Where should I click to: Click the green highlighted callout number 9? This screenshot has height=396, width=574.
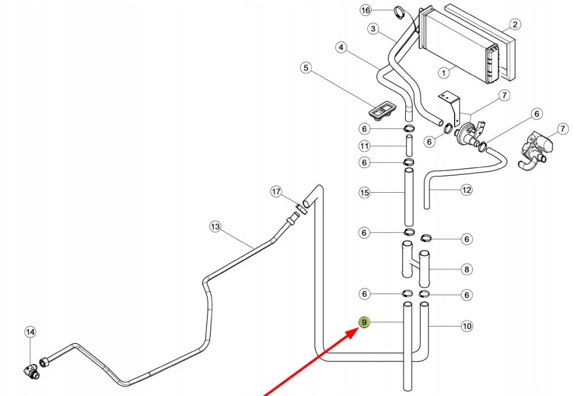364,322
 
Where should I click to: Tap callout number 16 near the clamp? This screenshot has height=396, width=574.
365,11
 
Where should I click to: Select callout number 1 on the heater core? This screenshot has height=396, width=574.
443,72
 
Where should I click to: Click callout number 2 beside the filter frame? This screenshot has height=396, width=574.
515,24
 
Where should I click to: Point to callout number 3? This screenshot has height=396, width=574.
373,29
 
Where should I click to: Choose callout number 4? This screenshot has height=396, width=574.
340,48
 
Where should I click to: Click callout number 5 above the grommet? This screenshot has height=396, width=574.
305,68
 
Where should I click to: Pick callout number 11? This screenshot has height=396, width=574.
364,146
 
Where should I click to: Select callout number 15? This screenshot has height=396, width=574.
364,193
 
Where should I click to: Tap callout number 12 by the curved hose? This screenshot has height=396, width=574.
466,190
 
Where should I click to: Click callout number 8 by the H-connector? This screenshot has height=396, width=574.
466,269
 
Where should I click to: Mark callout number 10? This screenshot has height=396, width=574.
466,325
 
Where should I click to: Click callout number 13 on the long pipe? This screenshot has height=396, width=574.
215,227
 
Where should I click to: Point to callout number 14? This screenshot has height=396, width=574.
30,332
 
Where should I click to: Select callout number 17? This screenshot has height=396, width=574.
276,192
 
